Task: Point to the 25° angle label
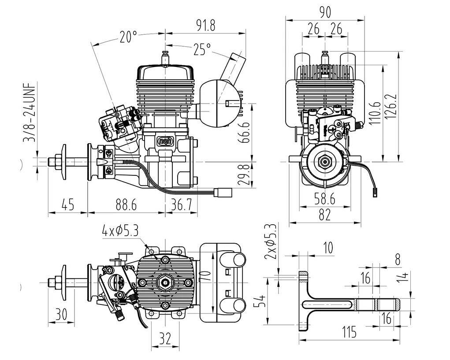tap(202, 49)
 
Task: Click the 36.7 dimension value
tap(181, 205)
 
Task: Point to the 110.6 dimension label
tap(374, 112)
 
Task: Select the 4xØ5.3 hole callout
tap(120, 230)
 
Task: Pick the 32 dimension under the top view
tap(165, 338)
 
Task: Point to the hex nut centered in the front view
tap(325, 162)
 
